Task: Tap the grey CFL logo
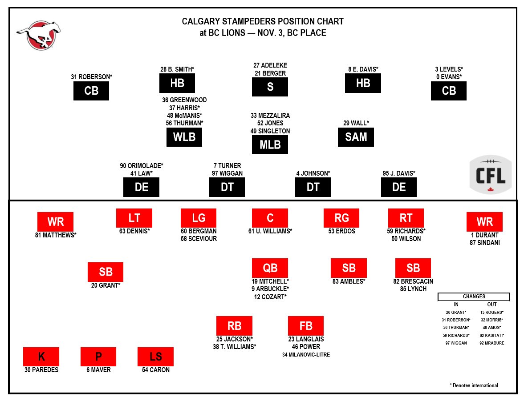(491, 175)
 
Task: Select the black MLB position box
(270, 144)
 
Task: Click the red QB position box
(270, 268)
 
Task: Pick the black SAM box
(356, 137)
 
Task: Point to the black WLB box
(184, 137)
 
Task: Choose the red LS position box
(155, 357)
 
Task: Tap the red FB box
(306, 325)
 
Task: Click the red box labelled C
(270, 218)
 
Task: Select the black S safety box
(270, 87)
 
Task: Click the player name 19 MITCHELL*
(270, 281)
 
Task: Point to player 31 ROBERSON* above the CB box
(91, 77)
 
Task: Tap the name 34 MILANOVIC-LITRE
(306, 355)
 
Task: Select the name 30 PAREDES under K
(41, 370)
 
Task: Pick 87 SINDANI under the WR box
(484, 243)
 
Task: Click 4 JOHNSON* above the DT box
(313, 173)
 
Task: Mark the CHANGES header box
(474, 297)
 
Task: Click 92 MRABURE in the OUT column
(492, 343)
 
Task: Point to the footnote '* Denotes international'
(474, 385)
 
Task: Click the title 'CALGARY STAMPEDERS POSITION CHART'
(263, 21)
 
